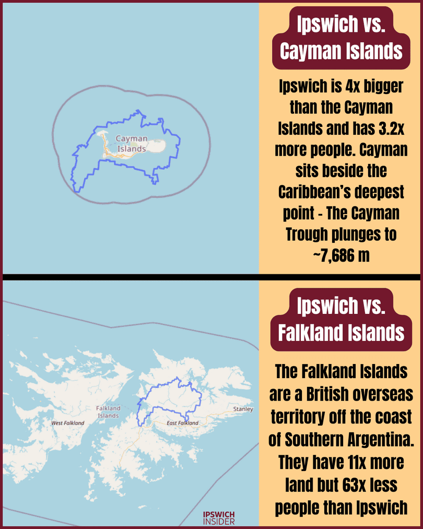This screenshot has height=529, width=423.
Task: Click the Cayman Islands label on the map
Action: click(131, 144)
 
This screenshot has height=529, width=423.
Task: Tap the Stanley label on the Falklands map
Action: click(243, 409)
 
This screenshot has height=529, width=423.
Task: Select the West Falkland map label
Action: click(67, 422)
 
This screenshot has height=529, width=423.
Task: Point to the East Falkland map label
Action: click(182, 422)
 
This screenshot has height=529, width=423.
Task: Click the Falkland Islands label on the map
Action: click(108, 412)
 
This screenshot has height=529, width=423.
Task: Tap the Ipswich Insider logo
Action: click(219, 518)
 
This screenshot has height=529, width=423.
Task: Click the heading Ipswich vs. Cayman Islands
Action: click(341, 38)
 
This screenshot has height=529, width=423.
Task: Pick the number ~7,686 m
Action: click(341, 256)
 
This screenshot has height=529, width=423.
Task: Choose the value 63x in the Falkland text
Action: click(354, 485)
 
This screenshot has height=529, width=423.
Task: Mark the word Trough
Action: click(304, 234)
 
